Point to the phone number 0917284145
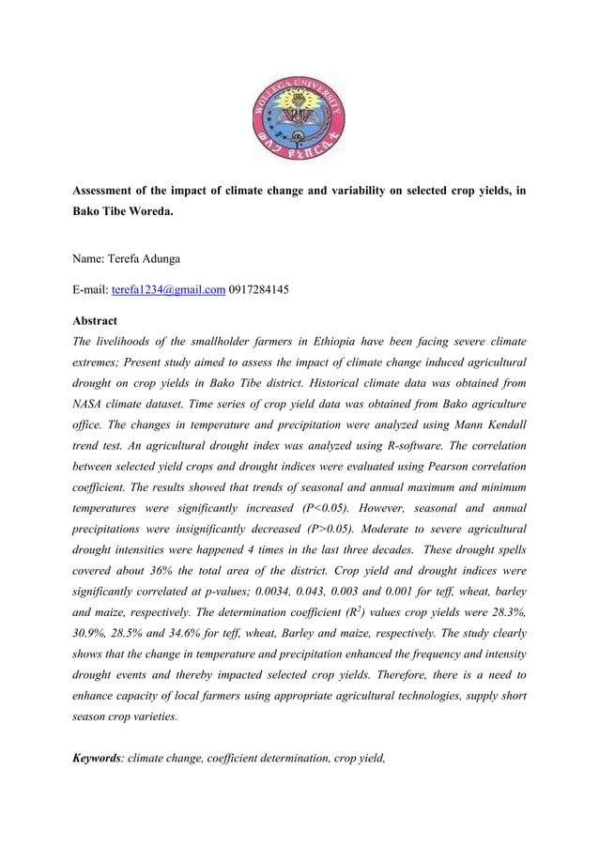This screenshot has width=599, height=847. (x=259, y=289)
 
